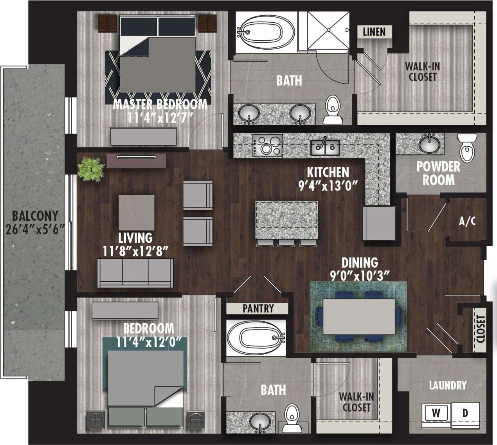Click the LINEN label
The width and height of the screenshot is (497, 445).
point(374,32)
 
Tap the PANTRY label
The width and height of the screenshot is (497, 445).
point(258,308)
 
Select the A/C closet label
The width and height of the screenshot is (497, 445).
point(467,221)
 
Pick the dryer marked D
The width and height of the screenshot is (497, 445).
point(465,413)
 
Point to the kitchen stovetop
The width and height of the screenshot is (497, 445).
point(267,145)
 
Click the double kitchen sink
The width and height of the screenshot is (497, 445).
point(325,148)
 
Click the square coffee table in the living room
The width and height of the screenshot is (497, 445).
point(136,212)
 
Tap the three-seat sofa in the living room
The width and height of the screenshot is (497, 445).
point(135,273)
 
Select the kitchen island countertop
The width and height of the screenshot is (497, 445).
point(286,220)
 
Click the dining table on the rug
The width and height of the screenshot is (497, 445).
point(359,316)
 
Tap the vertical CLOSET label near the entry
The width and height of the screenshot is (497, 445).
point(481,329)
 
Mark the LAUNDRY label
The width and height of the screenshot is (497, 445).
point(448,386)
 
